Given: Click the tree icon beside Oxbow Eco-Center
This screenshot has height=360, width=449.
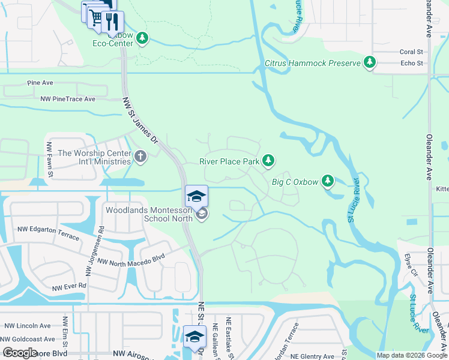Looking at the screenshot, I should point(142,39).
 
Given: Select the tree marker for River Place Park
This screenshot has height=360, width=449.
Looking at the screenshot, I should point(269,160).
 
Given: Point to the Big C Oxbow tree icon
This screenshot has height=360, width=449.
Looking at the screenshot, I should point(327,180).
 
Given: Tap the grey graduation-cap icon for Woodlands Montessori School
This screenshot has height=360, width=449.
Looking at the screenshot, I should point(202,214).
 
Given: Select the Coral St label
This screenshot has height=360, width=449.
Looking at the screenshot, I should point(411,52).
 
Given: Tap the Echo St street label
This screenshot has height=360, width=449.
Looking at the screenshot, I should point(411,62).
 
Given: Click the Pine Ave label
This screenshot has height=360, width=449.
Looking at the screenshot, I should point(40,83).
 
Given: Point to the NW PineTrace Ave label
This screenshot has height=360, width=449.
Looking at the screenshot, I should point(68,99).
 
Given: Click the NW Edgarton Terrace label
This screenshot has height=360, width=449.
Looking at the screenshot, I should point(48,233).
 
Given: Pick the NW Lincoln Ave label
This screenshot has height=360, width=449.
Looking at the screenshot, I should point(28,326).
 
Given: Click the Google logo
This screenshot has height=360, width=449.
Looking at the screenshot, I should point(20,353).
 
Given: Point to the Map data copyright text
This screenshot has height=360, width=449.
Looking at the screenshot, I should point(411,355).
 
